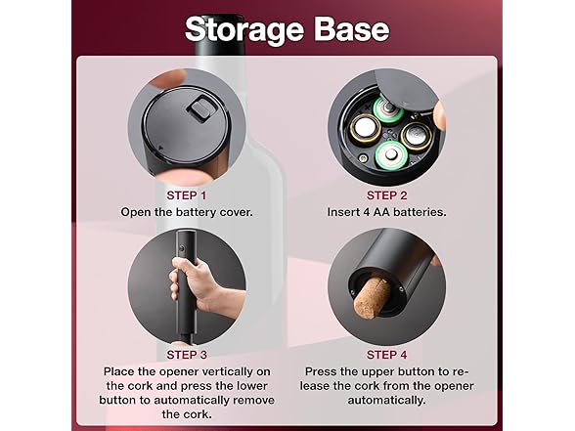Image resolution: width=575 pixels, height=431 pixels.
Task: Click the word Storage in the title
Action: [x=244, y=30]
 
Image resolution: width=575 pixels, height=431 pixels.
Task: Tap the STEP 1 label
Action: [x=187, y=195]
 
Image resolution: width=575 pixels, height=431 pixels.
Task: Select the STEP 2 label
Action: [x=387, y=195]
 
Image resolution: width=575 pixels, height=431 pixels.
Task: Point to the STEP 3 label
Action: [x=187, y=355]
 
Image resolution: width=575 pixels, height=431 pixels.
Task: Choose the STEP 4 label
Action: [x=387, y=355]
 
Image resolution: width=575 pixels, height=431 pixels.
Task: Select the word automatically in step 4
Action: [x=386, y=401]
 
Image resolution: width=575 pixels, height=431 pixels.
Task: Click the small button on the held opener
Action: [x=181, y=249]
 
